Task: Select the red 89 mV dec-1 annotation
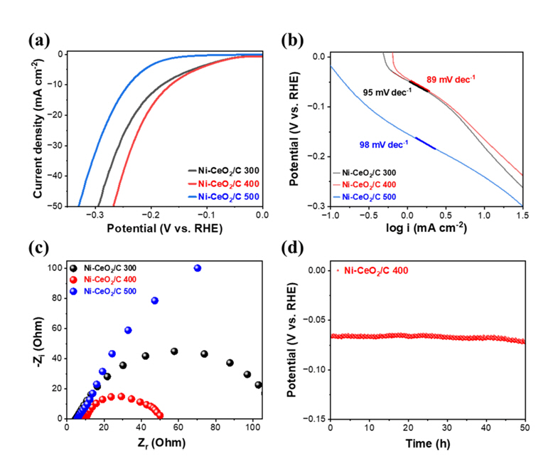click(x=451, y=79)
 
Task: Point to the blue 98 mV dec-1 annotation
click(x=384, y=144)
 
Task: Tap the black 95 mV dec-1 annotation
click(x=387, y=92)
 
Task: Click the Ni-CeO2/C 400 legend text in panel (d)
click(x=377, y=270)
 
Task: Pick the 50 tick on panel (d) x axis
click(x=525, y=429)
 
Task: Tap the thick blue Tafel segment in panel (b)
click(x=425, y=143)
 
